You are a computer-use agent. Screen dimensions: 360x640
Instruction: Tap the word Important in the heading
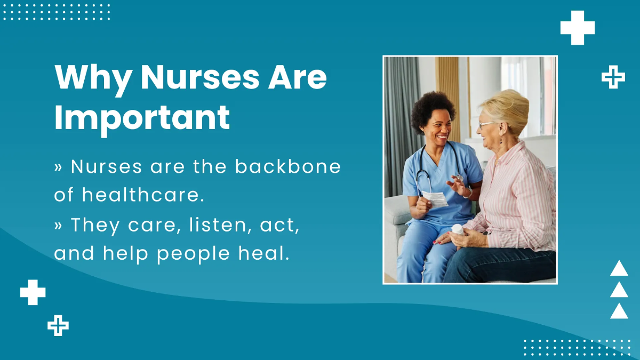pyautogui.click(x=142, y=118)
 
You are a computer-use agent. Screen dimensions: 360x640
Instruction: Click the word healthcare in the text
pyautogui.click(x=143, y=195)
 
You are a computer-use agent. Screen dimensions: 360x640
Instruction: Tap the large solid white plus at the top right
pyautogui.click(x=577, y=28)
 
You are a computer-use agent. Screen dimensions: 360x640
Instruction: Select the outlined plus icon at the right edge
pyautogui.click(x=613, y=78)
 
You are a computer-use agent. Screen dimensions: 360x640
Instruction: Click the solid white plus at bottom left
pyautogui.click(x=33, y=292)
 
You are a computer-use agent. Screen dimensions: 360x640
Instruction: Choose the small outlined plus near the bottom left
pyautogui.click(x=58, y=325)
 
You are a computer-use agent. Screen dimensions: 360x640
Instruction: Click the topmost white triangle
pyautogui.click(x=619, y=268)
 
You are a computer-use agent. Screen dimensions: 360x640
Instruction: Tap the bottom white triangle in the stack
pyautogui.click(x=619, y=311)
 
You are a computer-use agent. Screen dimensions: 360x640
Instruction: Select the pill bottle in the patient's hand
pyautogui.click(x=457, y=230)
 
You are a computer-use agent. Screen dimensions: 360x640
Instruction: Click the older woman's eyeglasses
pyautogui.click(x=485, y=125)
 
